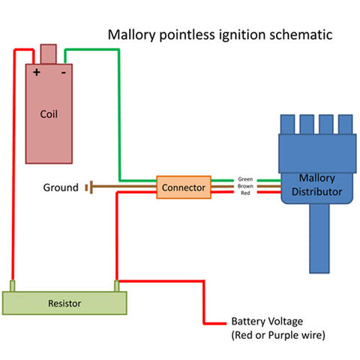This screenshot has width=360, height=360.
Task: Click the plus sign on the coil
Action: (x=36, y=73)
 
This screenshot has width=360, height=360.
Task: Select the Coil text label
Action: (x=49, y=115)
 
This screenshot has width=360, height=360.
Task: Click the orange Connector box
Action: (x=184, y=187)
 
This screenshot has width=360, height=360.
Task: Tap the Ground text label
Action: (x=60, y=187)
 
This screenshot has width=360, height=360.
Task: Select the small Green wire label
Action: (x=245, y=180)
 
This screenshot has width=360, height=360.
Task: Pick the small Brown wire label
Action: (x=245, y=187)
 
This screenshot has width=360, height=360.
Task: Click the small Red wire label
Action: (x=245, y=193)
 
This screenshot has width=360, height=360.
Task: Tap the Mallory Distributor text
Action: (x=316, y=185)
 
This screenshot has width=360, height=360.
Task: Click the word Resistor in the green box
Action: (x=64, y=304)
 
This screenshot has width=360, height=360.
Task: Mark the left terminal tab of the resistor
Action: (x=12, y=285)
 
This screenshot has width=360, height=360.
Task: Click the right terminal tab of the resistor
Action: (x=116, y=285)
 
